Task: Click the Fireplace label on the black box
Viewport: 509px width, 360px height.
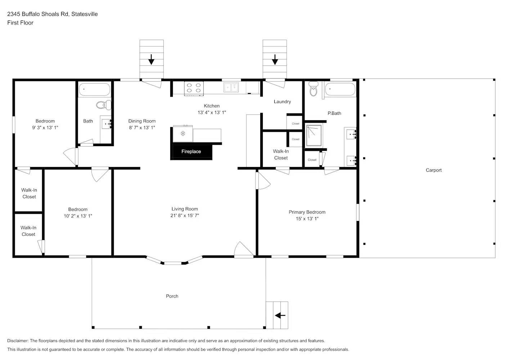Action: coord(191,152)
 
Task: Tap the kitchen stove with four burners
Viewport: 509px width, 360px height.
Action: coord(194,88)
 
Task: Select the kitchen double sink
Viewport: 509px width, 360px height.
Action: coord(231,87)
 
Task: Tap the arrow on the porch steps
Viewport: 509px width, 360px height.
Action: coord(280,316)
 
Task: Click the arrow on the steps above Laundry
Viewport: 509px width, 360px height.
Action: coord(275,59)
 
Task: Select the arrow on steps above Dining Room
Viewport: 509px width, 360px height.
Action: coord(151,59)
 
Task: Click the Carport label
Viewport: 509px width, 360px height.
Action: coord(433,170)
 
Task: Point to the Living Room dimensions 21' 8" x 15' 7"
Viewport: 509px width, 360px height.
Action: coord(185,216)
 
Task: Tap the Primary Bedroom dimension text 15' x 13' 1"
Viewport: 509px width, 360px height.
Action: coord(307,219)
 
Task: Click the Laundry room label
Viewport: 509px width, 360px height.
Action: coord(282,102)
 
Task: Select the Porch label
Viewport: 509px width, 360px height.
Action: coord(172,296)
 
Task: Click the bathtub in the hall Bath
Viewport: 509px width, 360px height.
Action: coord(94,89)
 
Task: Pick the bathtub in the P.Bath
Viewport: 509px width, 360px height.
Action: coord(340,89)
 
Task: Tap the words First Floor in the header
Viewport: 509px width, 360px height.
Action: coord(20,23)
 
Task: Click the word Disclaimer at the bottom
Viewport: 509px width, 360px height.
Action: coord(18,341)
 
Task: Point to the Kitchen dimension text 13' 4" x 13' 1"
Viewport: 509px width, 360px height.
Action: coord(212,112)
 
